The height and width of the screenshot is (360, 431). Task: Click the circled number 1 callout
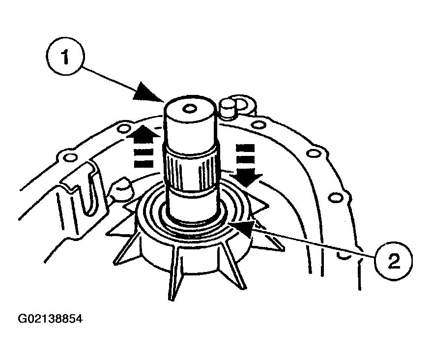(65, 57)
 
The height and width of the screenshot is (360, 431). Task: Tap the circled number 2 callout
(394, 260)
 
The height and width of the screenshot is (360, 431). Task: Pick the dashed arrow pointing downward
(245, 166)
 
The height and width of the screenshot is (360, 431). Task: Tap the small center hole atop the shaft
(190, 109)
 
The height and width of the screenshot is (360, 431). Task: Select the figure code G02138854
(50, 319)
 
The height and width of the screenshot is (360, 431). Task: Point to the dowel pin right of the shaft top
(228, 108)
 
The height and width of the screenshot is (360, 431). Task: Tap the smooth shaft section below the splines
(194, 204)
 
